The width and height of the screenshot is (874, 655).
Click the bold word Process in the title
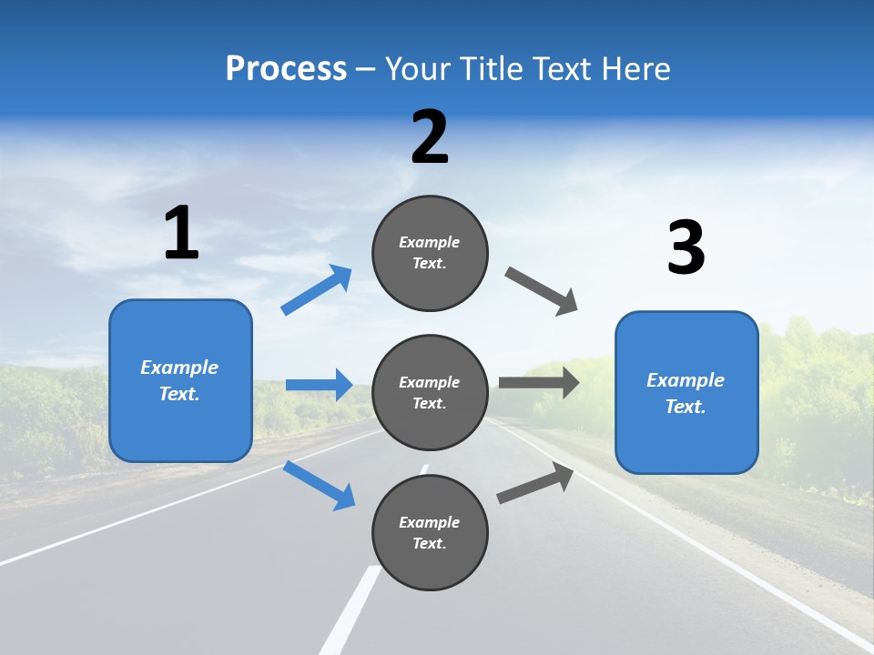pyautogui.click(x=286, y=69)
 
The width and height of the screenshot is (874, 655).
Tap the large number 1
pyautogui.click(x=181, y=234)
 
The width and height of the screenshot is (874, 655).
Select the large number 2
pyautogui.click(x=430, y=137)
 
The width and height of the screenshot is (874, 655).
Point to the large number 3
pyautogui.click(x=686, y=248)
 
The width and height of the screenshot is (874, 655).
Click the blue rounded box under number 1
pyautogui.click(x=180, y=428)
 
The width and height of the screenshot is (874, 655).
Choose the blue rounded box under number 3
pyautogui.click(x=686, y=441)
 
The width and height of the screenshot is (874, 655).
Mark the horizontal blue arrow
pyautogui.click(x=320, y=385)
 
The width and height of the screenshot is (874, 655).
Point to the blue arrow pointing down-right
pyautogui.click(x=319, y=485)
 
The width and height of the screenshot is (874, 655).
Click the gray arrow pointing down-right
pyautogui.click(x=542, y=291)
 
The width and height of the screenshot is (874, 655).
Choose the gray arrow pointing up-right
pyautogui.click(x=535, y=483)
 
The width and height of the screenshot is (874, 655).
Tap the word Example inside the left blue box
pyautogui.click(x=179, y=368)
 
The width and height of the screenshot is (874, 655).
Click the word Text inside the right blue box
pyautogui.click(x=685, y=407)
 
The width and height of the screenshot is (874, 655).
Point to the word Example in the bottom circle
pyautogui.click(x=429, y=522)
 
